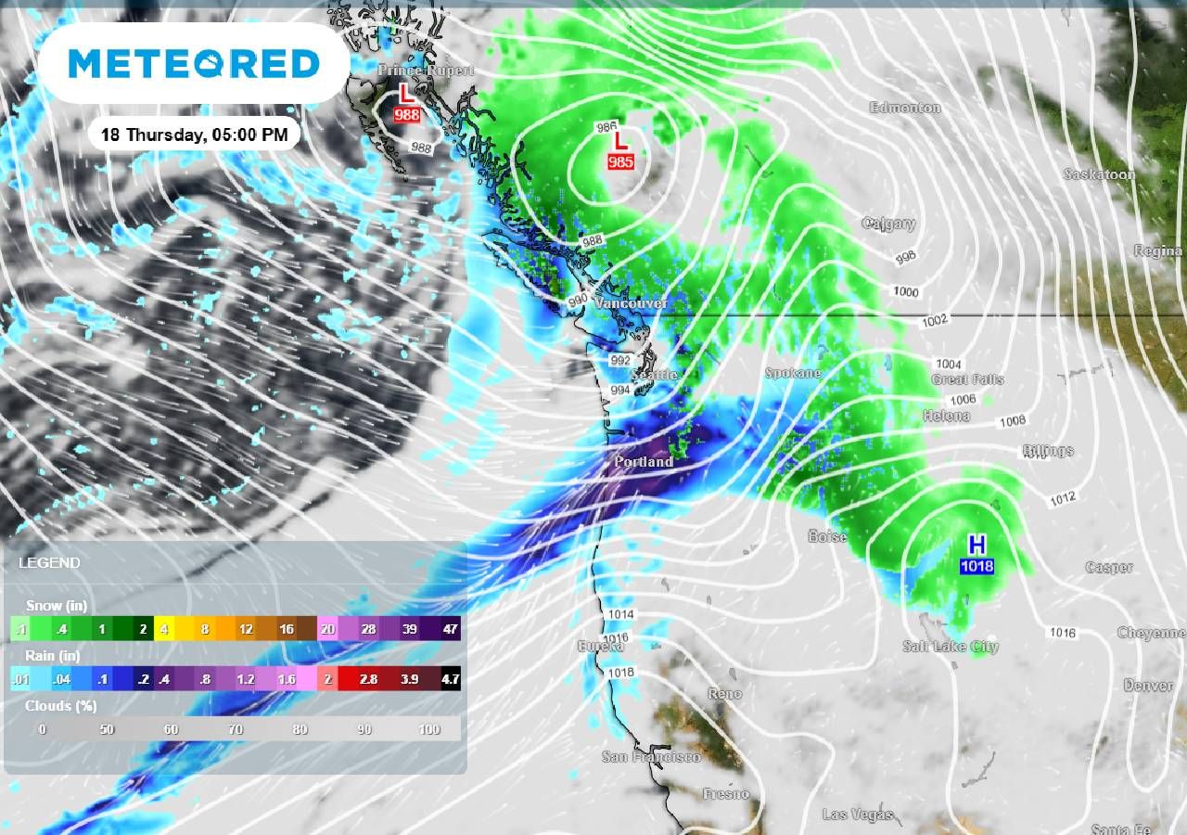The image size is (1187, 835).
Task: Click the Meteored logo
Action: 194,64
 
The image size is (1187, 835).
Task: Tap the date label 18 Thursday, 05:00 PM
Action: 194,135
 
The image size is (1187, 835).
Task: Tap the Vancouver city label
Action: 632,304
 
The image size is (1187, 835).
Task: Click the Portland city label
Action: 644,461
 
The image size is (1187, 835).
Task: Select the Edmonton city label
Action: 905,108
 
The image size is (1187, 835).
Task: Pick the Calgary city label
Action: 888,224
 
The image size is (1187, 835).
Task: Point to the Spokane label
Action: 793,373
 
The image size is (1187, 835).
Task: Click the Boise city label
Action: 827,536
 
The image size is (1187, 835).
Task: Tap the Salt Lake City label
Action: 951,647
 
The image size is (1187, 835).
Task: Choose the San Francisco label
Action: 651,757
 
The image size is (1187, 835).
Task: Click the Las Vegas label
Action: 858,815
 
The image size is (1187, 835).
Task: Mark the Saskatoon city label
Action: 1099,174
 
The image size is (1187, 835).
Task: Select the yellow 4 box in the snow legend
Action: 164,629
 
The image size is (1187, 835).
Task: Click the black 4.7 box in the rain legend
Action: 451,680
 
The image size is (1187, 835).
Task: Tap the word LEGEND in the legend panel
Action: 49,563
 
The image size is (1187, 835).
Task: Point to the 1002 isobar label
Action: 935,321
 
